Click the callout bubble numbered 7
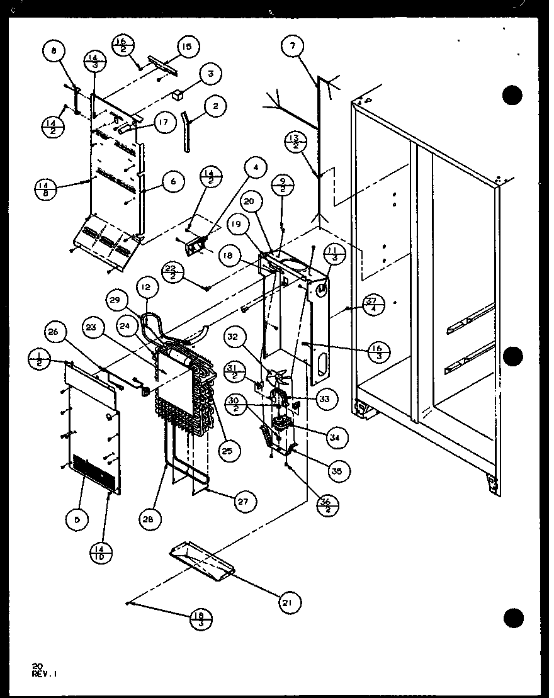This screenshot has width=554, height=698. click(293, 45)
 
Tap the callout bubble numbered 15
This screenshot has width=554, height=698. click(186, 47)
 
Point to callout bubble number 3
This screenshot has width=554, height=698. click(210, 74)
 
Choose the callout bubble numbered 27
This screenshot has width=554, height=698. click(242, 502)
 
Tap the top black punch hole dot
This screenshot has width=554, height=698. click(513, 96)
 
